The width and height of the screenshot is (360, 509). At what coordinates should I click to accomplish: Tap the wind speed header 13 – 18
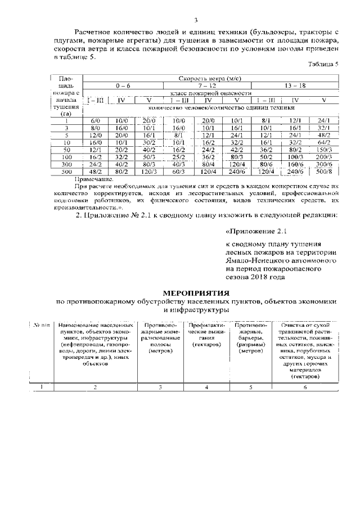(295, 85)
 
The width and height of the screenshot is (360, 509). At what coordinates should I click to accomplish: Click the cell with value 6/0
(95, 121)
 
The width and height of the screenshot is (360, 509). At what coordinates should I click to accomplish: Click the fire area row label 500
(66, 171)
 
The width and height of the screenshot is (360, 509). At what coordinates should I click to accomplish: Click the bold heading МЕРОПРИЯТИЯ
(196, 293)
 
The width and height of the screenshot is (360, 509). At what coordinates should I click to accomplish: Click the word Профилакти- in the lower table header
(206, 325)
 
